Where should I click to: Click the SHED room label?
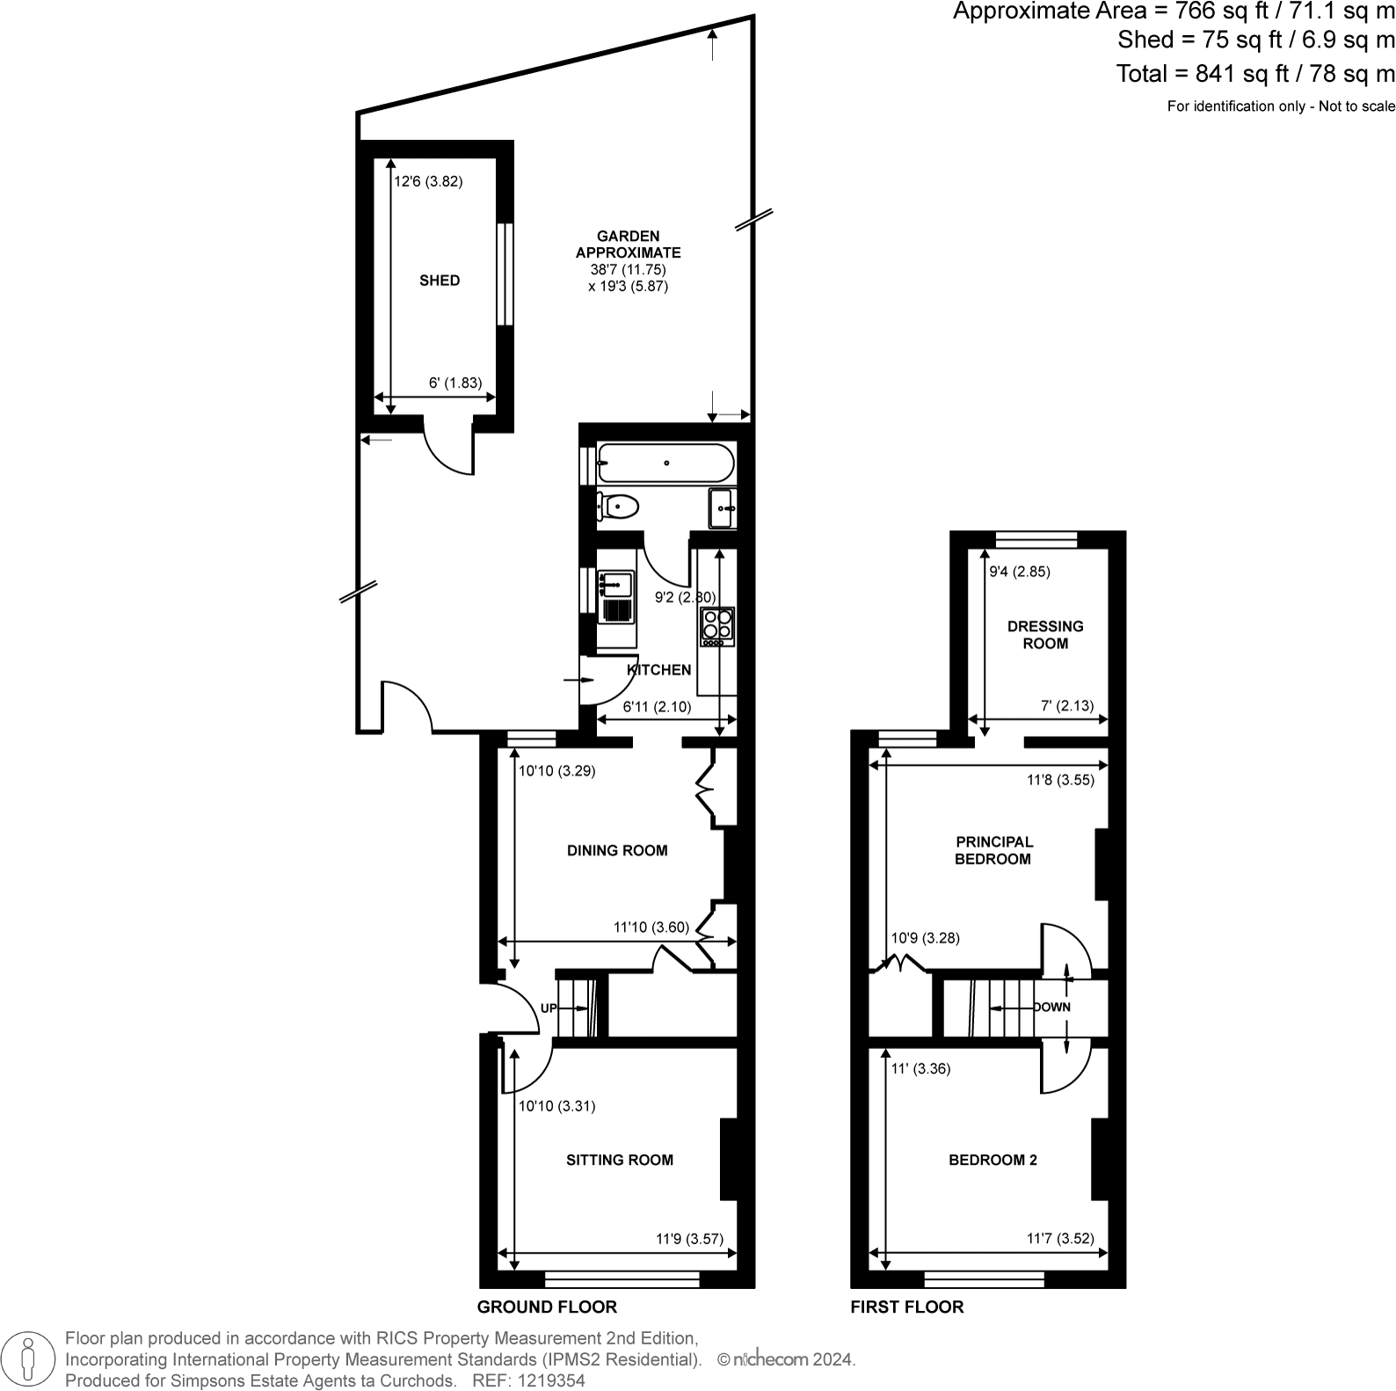tap(440, 280)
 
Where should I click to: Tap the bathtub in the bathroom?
tap(665, 462)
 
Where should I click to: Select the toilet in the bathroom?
tap(619, 506)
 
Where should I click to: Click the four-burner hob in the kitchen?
tap(717, 625)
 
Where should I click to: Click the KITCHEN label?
tap(659, 670)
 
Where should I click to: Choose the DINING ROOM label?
tap(617, 850)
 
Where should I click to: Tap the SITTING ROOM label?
tap(620, 1160)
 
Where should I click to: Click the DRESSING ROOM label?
tap(1045, 635)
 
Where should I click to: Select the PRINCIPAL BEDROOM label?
tap(993, 850)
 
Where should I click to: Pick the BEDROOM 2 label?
tap(992, 1160)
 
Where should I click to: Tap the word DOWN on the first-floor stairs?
tap(1052, 1007)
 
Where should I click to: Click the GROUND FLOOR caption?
tap(547, 1307)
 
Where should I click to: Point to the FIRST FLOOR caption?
tap(907, 1307)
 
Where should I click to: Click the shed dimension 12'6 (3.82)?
tap(428, 182)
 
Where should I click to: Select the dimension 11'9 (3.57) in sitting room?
tap(690, 1239)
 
